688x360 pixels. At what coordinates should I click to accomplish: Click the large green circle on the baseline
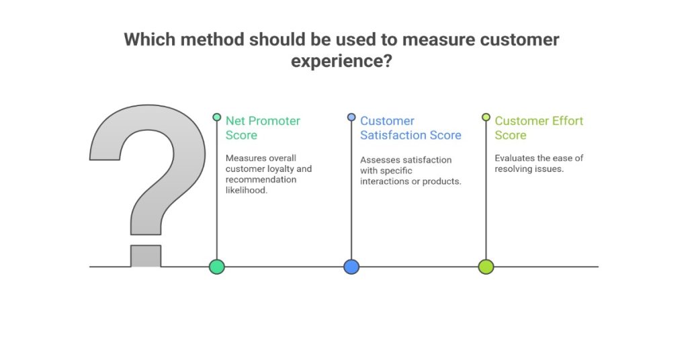(x=216, y=267)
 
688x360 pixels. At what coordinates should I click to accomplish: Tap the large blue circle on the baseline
(x=351, y=267)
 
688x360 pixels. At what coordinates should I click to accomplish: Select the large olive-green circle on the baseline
(x=486, y=267)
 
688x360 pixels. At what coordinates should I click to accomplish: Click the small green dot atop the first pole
(x=216, y=117)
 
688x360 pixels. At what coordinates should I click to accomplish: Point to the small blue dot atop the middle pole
(x=351, y=117)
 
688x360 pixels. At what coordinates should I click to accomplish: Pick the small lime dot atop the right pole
(x=486, y=117)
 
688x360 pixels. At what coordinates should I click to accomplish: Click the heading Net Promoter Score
(x=263, y=128)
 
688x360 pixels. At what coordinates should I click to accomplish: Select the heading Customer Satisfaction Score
(x=411, y=128)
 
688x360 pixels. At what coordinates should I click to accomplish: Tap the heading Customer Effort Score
(x=539, y=128)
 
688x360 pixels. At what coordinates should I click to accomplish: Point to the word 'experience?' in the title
(x=341, y=61)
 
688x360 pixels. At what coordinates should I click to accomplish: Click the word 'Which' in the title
(x=146, y=40)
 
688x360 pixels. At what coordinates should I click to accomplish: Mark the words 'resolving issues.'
(x=529, y=169)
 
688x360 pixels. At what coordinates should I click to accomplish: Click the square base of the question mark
(x=146, y=256)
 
